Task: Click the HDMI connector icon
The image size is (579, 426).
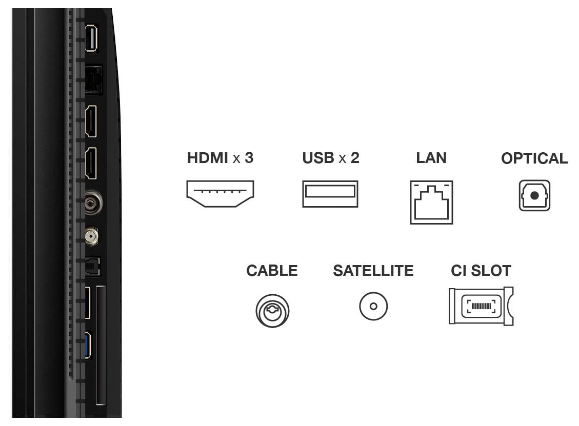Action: coord(220,194)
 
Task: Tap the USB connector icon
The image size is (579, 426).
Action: coord(330,194)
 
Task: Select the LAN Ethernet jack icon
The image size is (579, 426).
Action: coord(431,202)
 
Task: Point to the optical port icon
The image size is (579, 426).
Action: coord(534,195)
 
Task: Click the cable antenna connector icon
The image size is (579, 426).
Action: coord(272,311)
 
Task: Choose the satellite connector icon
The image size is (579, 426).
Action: coord(373,307)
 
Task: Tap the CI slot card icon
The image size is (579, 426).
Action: coord(481,306)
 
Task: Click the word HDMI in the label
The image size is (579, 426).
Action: coord(208,158)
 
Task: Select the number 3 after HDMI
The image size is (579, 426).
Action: coord(249,158)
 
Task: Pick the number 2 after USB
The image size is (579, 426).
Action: coord(355,158)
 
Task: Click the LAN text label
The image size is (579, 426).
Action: coord(431,158)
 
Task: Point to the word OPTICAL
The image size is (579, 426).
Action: coord(534,159)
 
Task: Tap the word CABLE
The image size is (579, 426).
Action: coord(272,271)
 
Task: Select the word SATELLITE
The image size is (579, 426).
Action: coord(373,271)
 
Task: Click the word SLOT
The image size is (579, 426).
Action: coord(491,271)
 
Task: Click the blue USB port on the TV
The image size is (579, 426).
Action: coord(88,345)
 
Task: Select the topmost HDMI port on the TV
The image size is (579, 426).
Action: coord(91,121)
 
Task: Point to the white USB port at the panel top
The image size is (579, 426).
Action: coord(91,37)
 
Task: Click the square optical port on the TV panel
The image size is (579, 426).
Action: coord(92,267)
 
